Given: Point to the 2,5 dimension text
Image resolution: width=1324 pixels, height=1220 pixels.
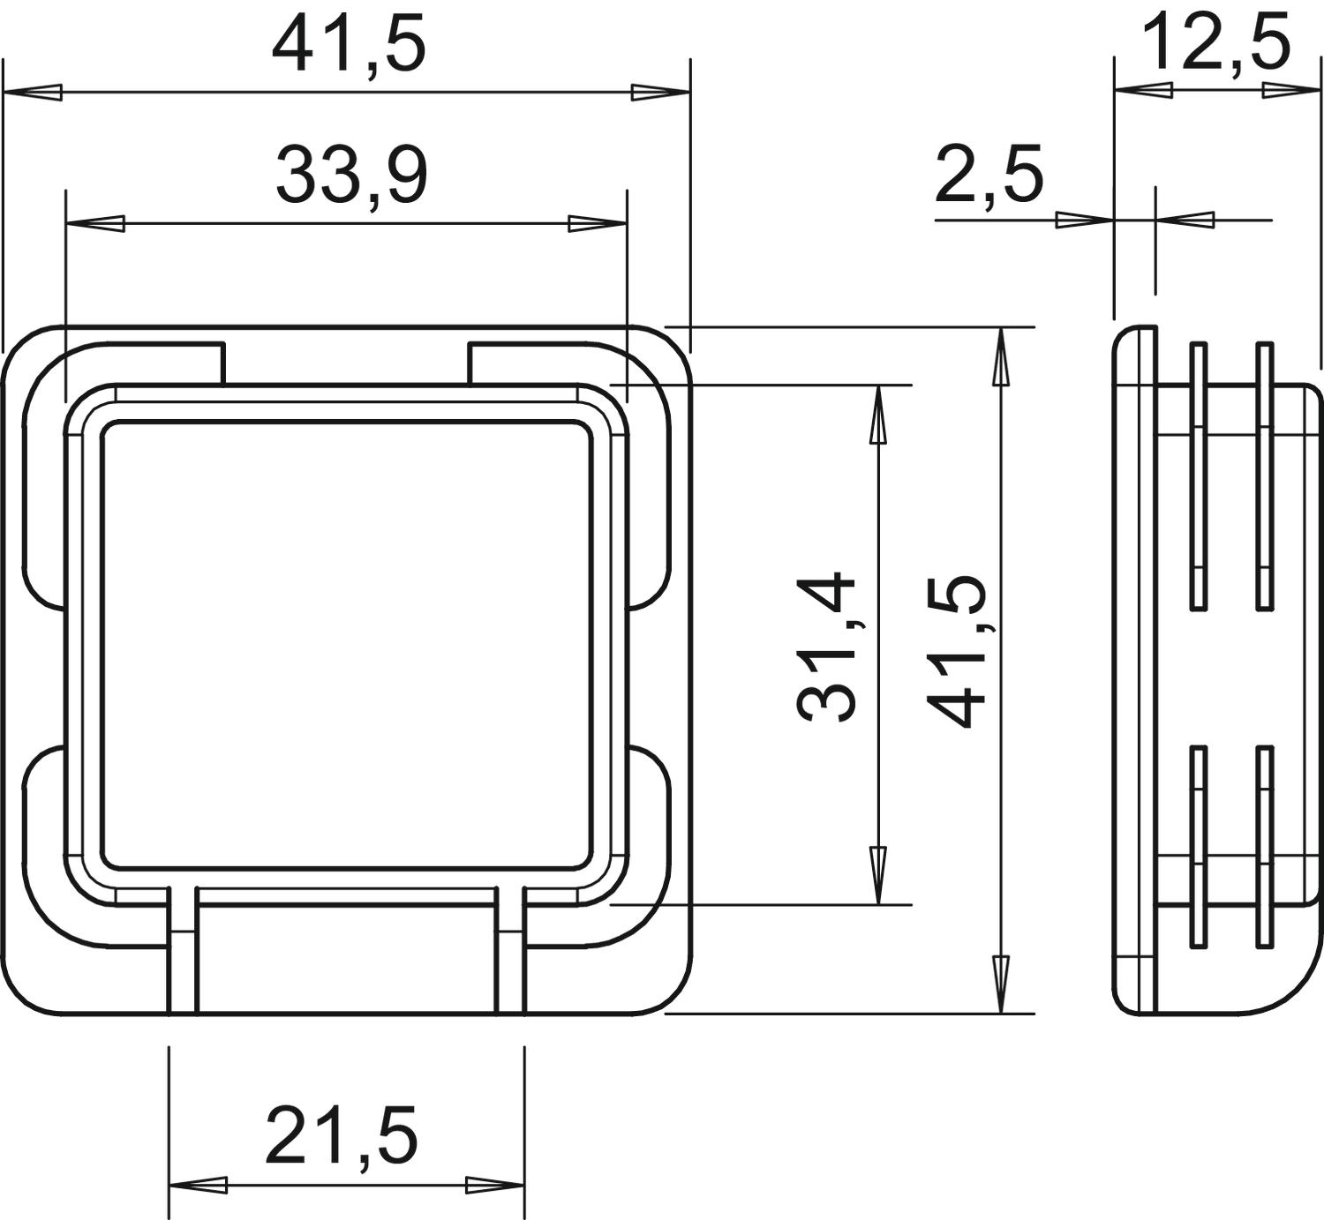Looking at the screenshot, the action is coord(989,176).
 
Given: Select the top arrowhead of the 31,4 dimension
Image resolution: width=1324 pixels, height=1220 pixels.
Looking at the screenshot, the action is coord(878,415).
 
